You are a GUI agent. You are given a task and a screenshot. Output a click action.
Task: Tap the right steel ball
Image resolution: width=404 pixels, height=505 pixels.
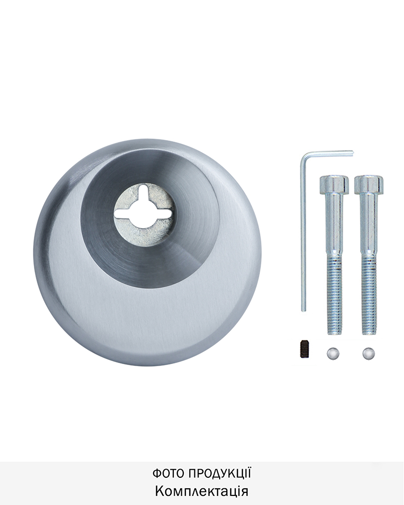click(x=369, y=353)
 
